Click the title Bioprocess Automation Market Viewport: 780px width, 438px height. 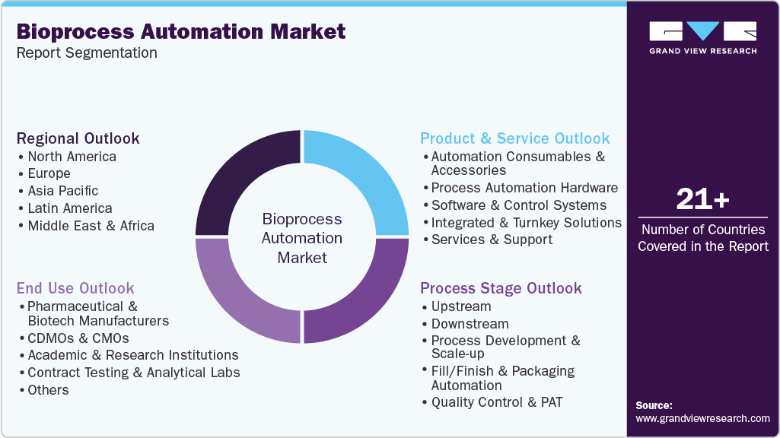pos(180,31)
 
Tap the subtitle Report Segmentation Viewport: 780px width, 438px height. pos(87,53)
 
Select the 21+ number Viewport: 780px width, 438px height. pos(702,200)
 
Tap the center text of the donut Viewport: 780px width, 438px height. pos(302,238)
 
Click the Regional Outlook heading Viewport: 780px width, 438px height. pos(78,138)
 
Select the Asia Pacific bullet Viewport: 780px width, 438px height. pos(62,191)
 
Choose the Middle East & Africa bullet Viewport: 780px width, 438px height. pos(91,226)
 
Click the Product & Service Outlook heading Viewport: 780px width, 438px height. pos(515,138)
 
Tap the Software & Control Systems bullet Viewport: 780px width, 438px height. pos(518,205)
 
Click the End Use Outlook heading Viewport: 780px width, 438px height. pos(75,288)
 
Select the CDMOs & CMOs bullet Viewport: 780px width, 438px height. pos(78,338)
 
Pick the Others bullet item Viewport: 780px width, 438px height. pos(48,390)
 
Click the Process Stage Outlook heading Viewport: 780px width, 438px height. pos(501,288)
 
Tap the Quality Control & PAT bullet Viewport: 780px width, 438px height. pos(496,402)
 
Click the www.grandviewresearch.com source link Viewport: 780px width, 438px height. pos(702,418)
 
